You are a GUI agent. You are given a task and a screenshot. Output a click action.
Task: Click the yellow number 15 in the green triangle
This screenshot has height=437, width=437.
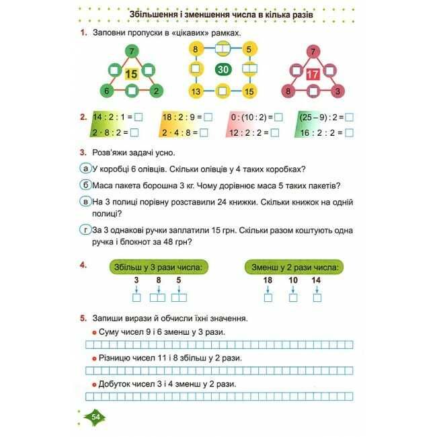tap(131, 74)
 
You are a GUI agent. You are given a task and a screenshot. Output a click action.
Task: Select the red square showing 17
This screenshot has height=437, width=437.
tap(313, 74)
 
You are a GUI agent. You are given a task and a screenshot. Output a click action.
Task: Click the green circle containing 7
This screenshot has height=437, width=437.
tap(132, 51)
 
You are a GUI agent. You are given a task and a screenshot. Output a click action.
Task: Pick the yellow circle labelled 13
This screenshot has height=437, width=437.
tap(196, 91)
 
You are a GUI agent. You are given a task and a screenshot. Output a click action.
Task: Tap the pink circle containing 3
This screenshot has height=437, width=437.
tap(337, 91)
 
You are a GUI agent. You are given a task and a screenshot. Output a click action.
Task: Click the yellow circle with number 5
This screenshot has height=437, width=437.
tap(248, 49)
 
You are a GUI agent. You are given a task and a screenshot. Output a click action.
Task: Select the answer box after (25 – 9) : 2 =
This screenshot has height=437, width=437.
tap(349, 117)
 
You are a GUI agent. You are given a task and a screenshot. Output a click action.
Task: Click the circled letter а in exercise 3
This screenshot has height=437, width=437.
tap(85, 168)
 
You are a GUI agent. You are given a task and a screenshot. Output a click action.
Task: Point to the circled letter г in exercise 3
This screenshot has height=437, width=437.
tap(85, 231)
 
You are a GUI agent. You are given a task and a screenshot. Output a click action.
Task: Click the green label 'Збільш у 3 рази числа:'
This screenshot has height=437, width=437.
tap(159, 268)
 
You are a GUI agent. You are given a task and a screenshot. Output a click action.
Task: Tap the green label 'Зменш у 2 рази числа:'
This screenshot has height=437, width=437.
tap(292, 268)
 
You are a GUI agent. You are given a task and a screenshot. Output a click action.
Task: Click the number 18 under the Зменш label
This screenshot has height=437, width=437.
tap(268, 280)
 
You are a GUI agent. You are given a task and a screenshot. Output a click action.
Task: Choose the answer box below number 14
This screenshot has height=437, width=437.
tap(317, 297)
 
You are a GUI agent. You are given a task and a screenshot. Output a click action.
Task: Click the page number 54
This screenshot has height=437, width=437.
tap(94, 418)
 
